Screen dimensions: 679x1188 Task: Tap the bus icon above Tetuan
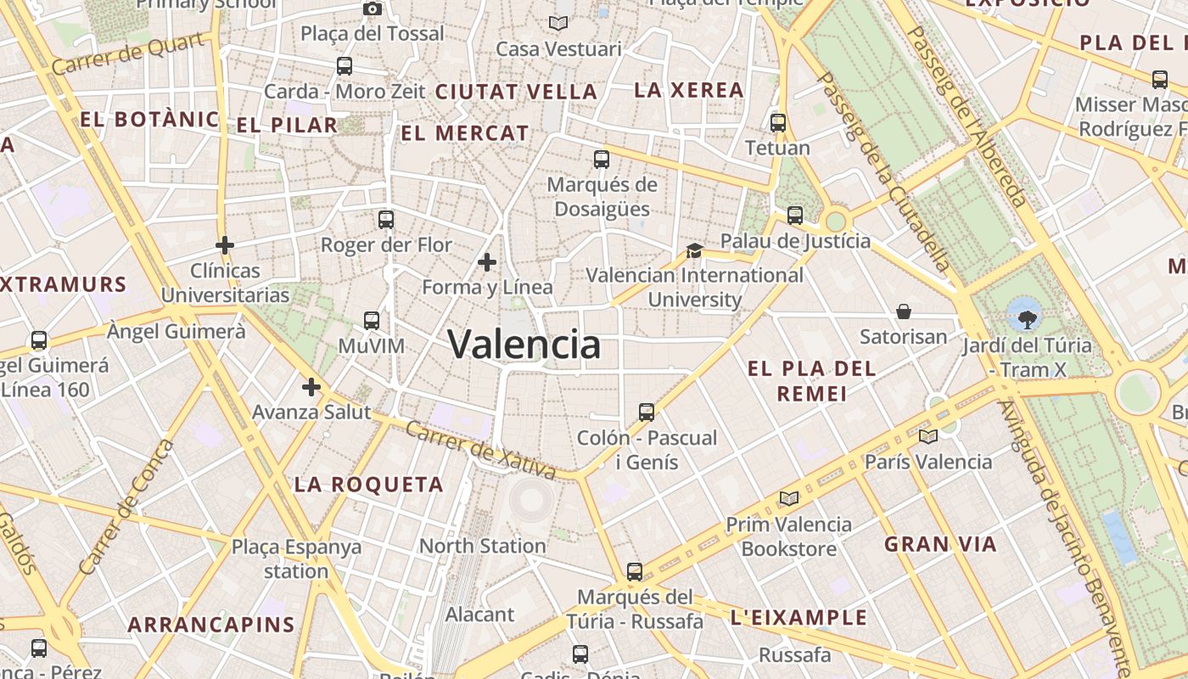coord(778,122)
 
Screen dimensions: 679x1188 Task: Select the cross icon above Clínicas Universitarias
coord(225,245)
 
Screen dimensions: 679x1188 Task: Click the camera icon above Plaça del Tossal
coord(372,8)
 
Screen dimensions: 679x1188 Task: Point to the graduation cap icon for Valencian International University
coord(694,250)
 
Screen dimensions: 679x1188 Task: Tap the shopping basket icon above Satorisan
coord(904,311)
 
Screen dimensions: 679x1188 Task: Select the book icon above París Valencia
coord(928,437)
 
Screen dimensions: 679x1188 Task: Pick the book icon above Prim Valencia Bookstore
coord(789,499)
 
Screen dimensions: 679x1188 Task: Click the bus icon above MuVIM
coord(372,320)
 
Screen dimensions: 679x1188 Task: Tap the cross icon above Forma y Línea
coord(487,262)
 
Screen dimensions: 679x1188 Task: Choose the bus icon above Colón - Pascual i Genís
coord(647,412)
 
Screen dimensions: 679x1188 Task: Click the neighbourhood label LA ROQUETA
coord(369,485)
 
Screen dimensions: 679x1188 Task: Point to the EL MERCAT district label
coord(465,133)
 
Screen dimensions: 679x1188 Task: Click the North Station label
coord(482,546)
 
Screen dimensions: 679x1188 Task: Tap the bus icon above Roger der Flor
coord(386,220)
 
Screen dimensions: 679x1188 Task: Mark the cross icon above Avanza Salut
coord(311,387)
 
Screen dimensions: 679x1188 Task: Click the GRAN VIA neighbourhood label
coord(940,544)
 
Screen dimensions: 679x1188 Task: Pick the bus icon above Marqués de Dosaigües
coord(602,159)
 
